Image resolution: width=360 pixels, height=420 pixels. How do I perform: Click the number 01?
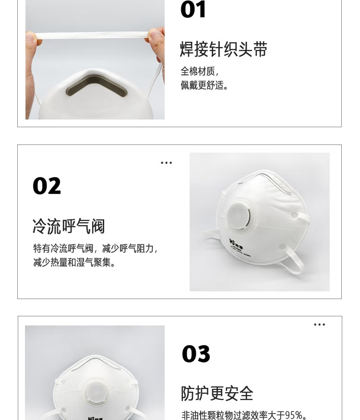point(193,10)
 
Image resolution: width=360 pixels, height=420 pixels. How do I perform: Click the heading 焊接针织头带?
point(224,49)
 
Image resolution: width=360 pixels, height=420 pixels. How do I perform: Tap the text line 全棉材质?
point(199,72)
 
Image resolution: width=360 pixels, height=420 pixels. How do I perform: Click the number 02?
point(47,186)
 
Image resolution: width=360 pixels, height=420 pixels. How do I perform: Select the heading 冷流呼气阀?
point(69,226)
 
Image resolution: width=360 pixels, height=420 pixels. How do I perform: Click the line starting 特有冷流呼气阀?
point(95,249)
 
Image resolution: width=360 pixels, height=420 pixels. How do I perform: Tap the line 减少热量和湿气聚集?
point(74,263)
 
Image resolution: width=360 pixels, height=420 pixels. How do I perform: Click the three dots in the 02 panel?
point(166,163)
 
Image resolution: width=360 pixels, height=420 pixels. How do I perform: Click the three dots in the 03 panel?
point(319,325)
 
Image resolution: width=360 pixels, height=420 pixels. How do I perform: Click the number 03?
point(196,354)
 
